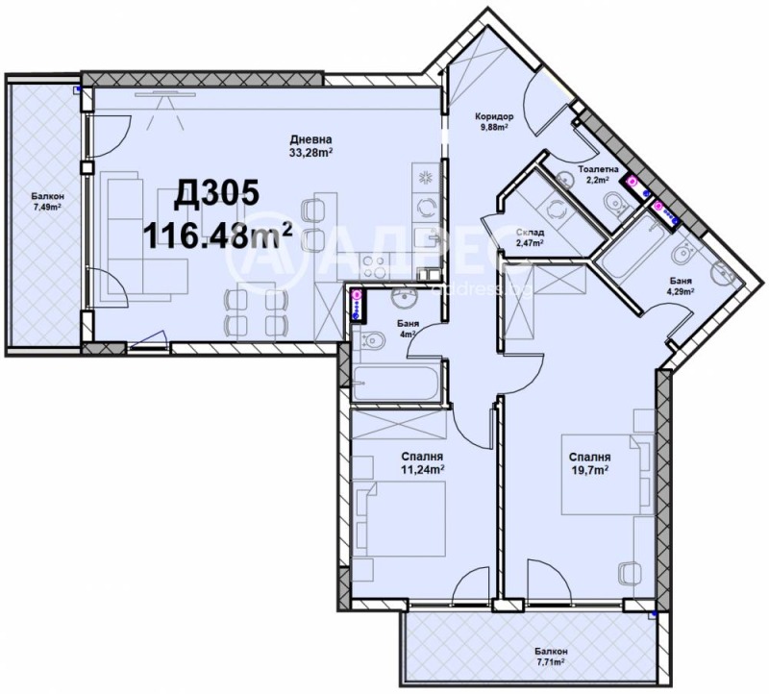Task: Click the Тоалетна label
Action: click(597, 168)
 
